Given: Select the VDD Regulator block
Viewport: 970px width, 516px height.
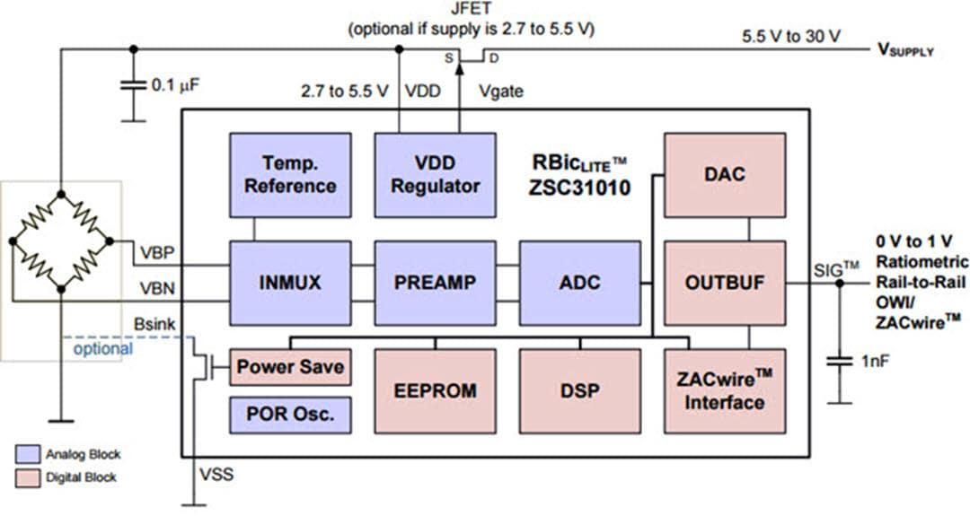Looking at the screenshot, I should point(435,175).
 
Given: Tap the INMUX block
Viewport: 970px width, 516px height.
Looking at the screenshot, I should point(289,282).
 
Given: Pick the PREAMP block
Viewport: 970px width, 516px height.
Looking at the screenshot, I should point(435,282).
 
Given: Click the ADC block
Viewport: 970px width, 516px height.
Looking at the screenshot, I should point(579,282).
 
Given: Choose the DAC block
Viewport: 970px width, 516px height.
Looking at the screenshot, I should point(724,175).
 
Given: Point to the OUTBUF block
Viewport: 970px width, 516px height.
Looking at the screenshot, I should point(724,282).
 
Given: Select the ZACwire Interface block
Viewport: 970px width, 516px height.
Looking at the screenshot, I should point(724,391).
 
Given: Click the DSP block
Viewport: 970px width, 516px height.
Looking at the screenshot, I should point(579,391).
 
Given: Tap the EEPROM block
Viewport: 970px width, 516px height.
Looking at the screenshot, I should point(435,391).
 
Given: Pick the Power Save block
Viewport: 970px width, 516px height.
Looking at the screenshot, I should point(289,368).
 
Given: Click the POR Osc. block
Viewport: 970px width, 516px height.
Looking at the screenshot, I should point(289,415).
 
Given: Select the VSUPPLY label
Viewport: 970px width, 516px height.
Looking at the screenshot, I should point(905,50).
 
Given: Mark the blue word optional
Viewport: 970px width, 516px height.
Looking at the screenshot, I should point(102,348).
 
